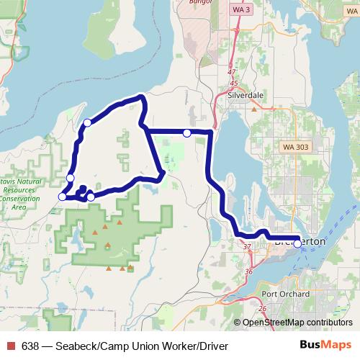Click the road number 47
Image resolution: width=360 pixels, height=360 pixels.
click(230, 73)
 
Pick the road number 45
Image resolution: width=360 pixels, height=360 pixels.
click(234, 84)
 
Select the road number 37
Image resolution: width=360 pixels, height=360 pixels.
click(247, 248)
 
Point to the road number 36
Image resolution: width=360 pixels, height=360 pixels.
click(249, 271)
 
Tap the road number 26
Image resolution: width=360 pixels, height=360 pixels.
click(262, 308)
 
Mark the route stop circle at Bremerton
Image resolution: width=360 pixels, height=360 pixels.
click(297, 243)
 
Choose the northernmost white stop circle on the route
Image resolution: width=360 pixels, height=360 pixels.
click(87, 122)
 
